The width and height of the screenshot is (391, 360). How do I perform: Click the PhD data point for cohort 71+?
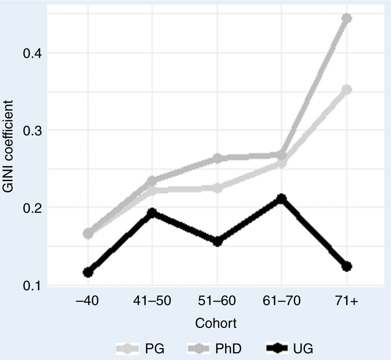point(347,19)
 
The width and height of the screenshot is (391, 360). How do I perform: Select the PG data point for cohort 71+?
point(347,90)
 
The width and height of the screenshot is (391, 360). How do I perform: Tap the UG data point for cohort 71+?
point(347,267)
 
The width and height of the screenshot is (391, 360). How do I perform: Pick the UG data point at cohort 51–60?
point(217,242)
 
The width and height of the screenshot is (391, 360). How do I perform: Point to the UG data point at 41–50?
point(152,213)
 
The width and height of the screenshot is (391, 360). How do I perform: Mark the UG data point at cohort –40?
point(88,272)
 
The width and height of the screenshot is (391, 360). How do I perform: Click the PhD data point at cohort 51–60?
point(217,158)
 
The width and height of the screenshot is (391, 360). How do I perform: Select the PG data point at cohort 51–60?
point(217,188)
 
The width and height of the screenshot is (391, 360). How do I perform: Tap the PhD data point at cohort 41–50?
point(152,181)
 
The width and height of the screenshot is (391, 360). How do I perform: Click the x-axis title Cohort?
point(216,323)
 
